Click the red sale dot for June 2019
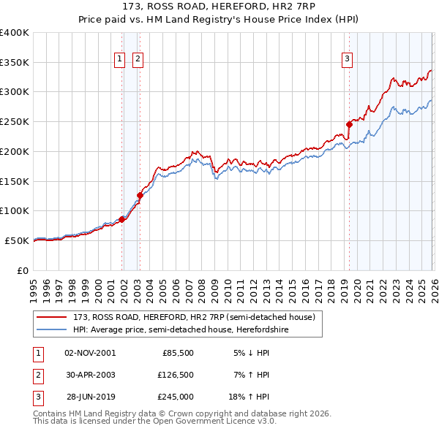349,124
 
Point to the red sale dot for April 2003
140,195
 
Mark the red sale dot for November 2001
121,219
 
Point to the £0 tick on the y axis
23,270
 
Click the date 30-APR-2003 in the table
90,375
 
